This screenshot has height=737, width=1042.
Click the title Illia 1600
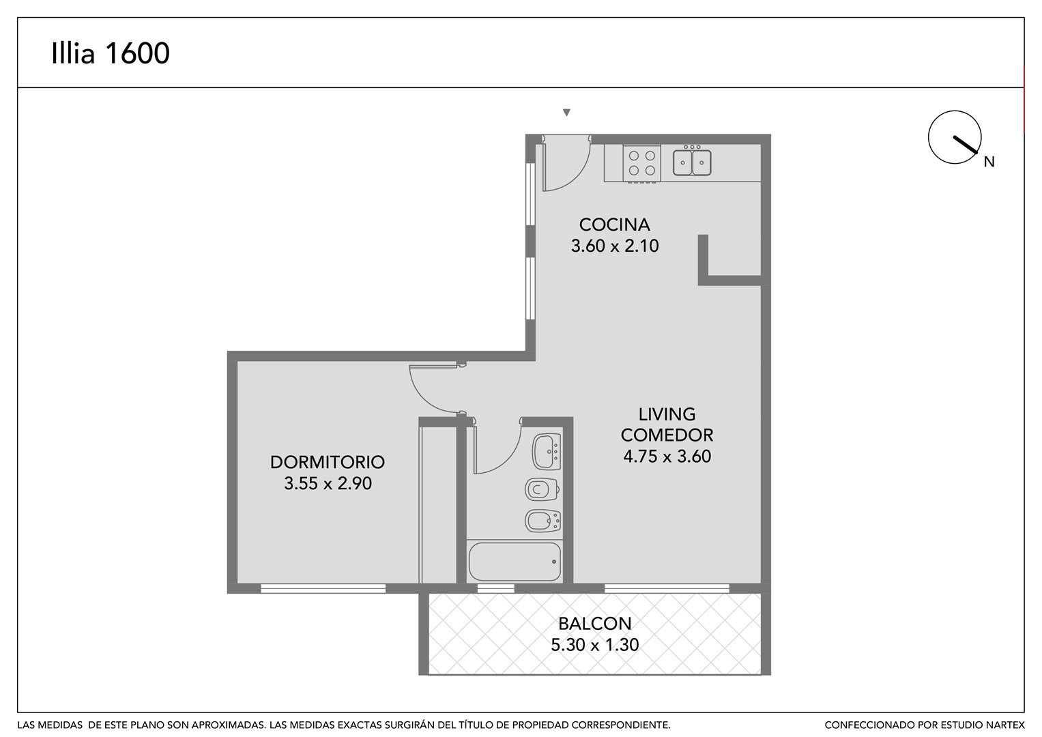click(x=111, y=53)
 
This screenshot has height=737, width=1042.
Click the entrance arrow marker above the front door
click(x=566, y=112)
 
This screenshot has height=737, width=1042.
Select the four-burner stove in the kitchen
click(x=642, y=163)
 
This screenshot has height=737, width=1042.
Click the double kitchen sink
click(x=692, y=162)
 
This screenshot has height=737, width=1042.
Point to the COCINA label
click(x=615, y=225)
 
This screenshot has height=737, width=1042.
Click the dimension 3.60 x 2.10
click(x=615, y=246)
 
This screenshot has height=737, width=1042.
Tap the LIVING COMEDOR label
click(x=667, y=424)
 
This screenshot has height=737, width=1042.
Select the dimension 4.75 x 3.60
click(x=667, y=456)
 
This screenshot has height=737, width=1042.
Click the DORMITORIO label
click(x=328, y=462)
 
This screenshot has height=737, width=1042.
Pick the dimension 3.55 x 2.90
click(x=328, y=483)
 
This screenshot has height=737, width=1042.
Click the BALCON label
click(x=594, y=623)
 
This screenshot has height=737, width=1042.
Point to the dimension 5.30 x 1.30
click(x=594, y=644)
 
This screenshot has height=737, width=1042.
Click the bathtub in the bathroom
click(x=515, y=562)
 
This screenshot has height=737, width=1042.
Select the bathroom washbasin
click(x=547, y=451)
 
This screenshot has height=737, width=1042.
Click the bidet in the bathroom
click(x=542, y=521)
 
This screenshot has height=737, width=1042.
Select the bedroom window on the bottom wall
click(x=323, y=588)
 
